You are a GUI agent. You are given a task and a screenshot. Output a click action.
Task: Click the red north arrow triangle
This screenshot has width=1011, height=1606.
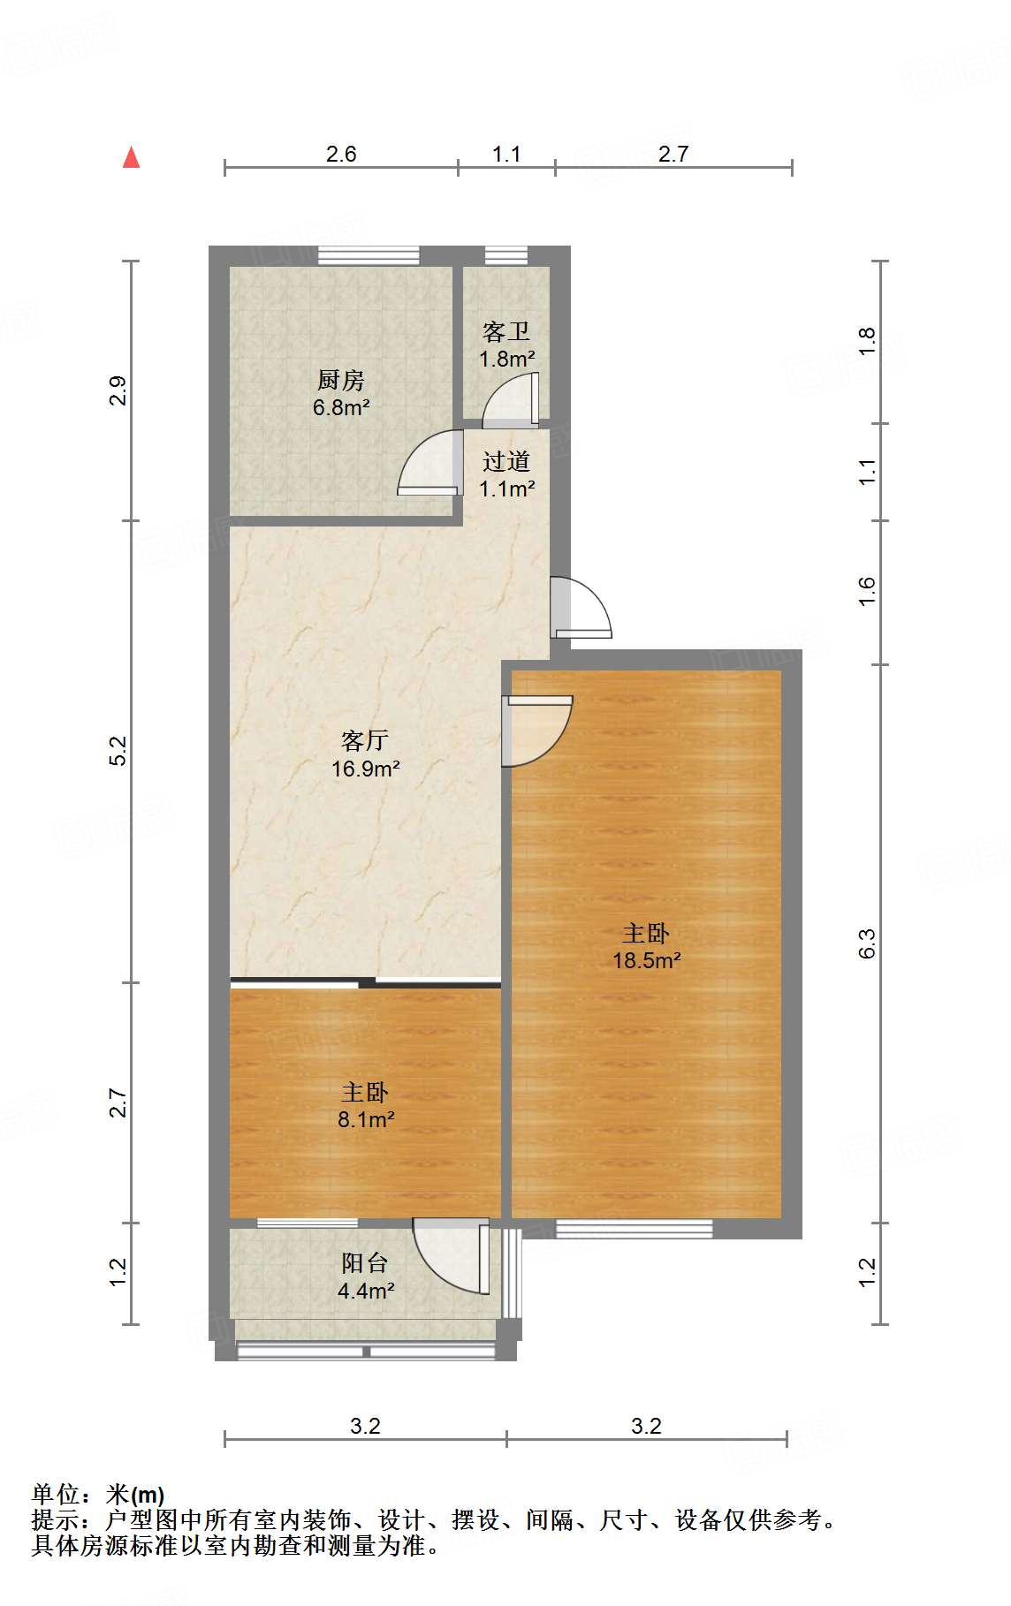132,158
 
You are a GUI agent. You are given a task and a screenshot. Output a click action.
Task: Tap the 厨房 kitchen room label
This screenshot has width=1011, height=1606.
340,381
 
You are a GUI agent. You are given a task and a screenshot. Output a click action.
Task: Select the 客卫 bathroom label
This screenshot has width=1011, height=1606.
506,332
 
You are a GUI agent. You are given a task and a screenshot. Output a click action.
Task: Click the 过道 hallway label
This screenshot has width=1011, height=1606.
506,461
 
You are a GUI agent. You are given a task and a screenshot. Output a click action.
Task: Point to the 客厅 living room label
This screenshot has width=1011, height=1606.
365,740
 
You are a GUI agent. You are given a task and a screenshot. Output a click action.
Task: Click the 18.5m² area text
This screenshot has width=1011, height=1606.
647,960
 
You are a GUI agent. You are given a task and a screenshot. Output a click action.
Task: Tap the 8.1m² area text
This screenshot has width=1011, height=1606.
365,1120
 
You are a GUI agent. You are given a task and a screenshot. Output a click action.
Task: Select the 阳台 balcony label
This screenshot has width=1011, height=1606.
365,1263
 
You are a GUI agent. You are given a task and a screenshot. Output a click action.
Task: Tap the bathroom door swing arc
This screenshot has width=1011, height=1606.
512,399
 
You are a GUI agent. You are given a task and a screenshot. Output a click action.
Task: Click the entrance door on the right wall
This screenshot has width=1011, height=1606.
582,608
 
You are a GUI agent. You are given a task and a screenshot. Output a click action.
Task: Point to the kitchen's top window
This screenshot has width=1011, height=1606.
369,255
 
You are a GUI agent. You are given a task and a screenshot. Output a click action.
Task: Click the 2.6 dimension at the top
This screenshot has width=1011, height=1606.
341,155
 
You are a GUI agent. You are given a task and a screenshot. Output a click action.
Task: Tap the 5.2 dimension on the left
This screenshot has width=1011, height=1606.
118,751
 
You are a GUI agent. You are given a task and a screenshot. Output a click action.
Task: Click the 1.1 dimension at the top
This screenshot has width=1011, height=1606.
506,155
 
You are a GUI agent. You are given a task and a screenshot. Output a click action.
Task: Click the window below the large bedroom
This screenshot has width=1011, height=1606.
634,1228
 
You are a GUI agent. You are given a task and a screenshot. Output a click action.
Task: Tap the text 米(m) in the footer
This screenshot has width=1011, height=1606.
135,1495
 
